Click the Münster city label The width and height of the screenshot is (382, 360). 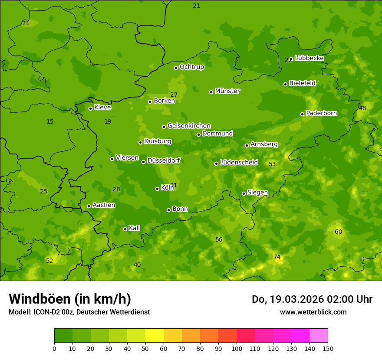tap(227, 91)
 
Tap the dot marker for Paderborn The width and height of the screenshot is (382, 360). tap(303, 114)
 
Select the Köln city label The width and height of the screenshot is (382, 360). tap(167, 188)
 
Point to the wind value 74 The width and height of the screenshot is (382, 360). tap(277, 257)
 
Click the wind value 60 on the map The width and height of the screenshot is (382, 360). tap(338, 232)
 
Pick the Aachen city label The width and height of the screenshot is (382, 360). tap(104, 205)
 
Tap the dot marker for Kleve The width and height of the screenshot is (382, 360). tap(90, 108)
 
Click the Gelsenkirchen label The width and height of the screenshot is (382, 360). tap(189, 126)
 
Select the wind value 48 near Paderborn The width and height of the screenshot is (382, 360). tap(362, 108)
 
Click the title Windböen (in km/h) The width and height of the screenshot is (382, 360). tap(70, 299)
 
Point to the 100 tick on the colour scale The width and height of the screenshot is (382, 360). tap(237, 348)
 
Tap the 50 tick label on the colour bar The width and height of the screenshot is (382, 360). tap(145, 348)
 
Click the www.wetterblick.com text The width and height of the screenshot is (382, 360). tap(313, 312)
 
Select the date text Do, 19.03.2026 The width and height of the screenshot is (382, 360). tap(286, 299)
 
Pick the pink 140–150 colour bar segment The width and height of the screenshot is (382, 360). tap(319, 336)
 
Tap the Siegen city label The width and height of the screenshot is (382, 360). tap(257, 193)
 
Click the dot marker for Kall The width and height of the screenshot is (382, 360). tap(125, 229)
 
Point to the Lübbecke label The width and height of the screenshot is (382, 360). tap(309, 58)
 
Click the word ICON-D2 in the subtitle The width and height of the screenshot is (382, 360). tap(45, 312)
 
